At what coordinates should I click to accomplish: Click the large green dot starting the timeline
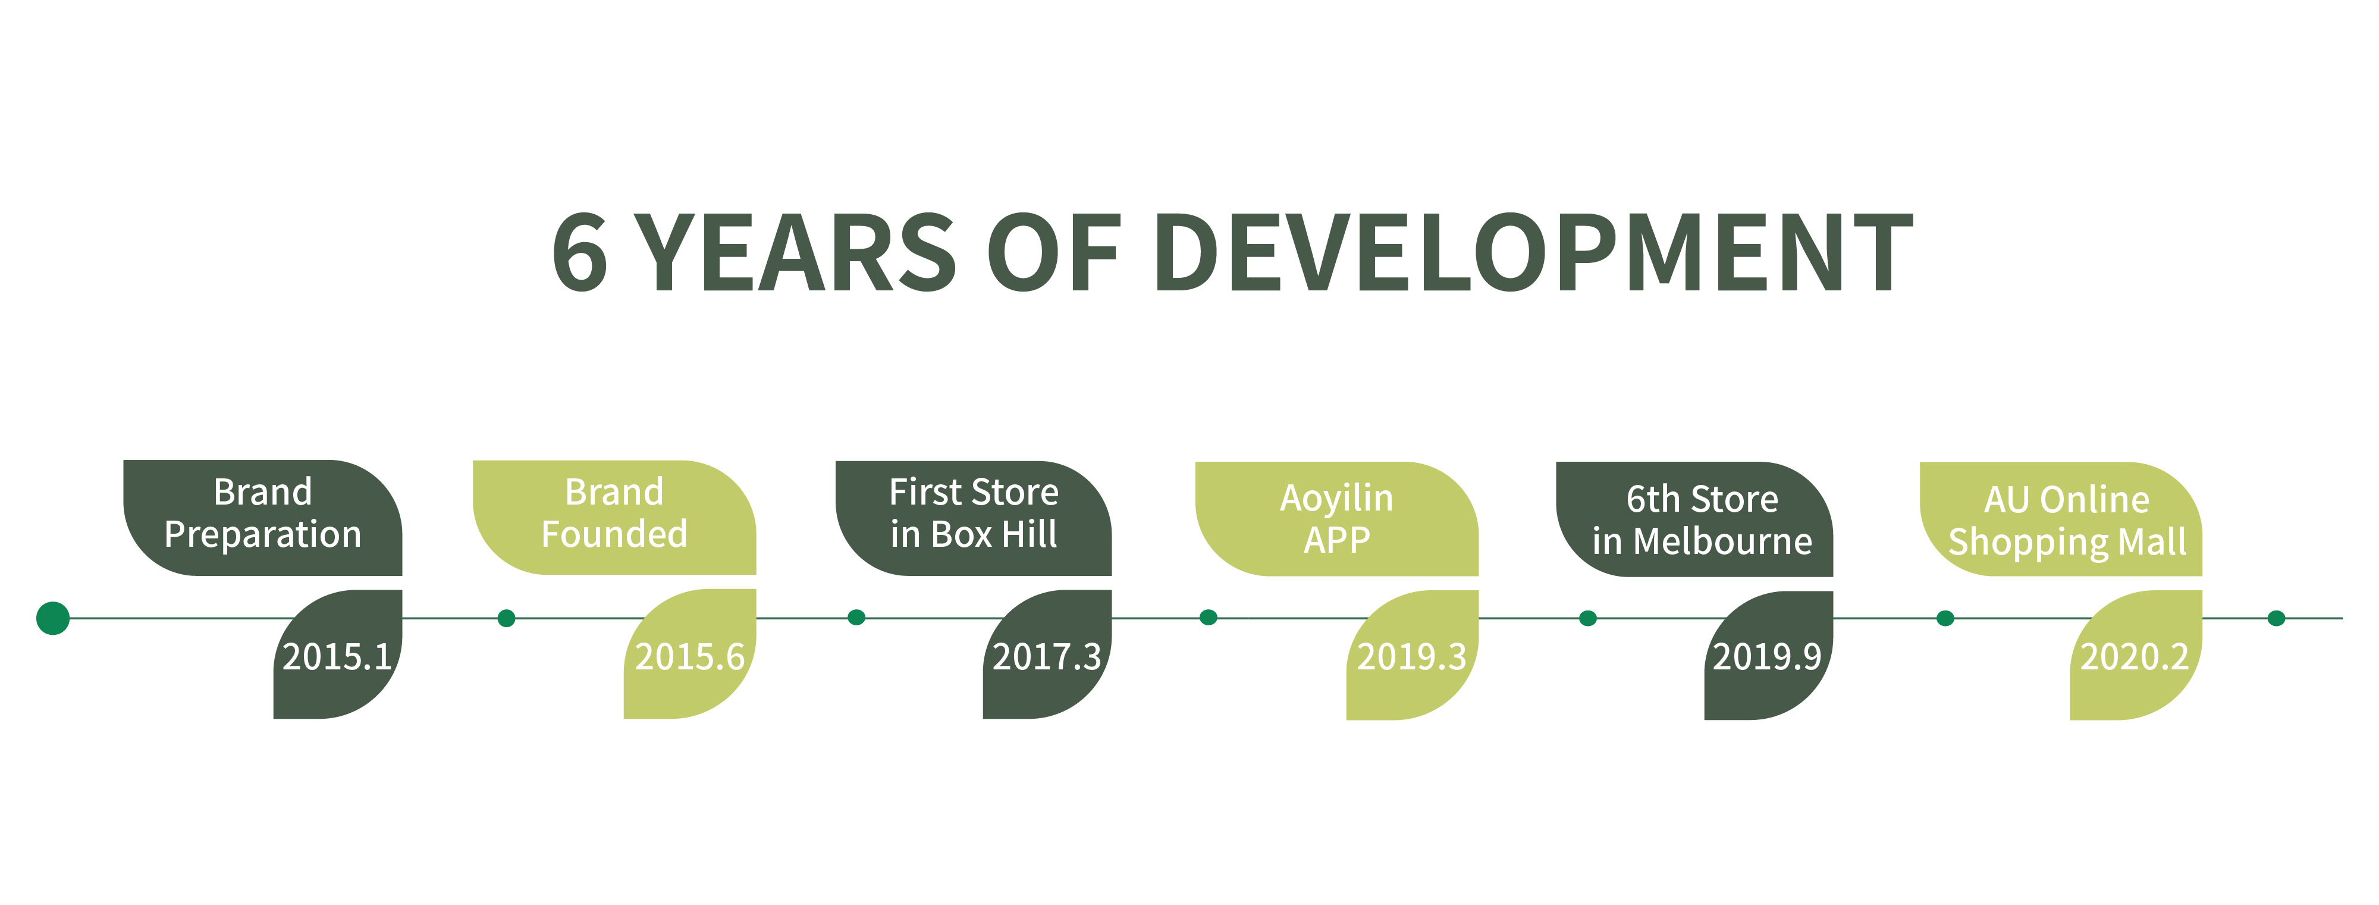(53, 618)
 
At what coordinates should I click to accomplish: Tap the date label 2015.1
(337, 657)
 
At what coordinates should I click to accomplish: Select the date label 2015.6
(690, 657)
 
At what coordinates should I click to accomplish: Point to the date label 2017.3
(1046, 657)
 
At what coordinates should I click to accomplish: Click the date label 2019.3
(1411, 657)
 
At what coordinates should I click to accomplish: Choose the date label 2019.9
(1766, 657)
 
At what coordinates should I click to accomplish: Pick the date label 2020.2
(2135, 657)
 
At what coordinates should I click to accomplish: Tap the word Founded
(614, 534)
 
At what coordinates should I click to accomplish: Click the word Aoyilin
(1336, 499)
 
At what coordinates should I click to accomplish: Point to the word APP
(1336, 539)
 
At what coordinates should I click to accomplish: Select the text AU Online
(2067, 500)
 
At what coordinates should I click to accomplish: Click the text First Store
(974, 492)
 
